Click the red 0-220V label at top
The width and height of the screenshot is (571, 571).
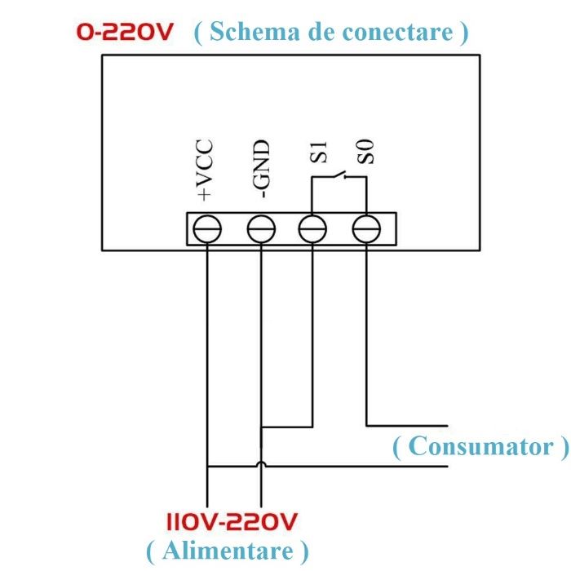click(x=124, y=33)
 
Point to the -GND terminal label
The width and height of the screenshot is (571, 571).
click(x=261, y=170)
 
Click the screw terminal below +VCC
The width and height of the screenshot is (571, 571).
click(x=208, y=229)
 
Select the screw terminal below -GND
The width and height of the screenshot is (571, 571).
click(x=260, y=229)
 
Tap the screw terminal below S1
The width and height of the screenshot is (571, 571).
click(x=312, y=229)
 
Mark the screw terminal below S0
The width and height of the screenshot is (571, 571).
click(x=365, y=229)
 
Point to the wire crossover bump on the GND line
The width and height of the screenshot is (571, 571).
click(x=260, y=465)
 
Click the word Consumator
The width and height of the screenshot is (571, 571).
click(x=479, y=446)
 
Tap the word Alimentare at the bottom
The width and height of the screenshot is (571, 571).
click(x=227, y=550)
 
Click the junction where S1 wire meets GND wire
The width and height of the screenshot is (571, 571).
click(x=260, y=426)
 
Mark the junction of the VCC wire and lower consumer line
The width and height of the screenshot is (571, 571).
click(x=208, y=467)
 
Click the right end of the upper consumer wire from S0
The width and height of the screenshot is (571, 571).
click(x=447, y=425)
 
